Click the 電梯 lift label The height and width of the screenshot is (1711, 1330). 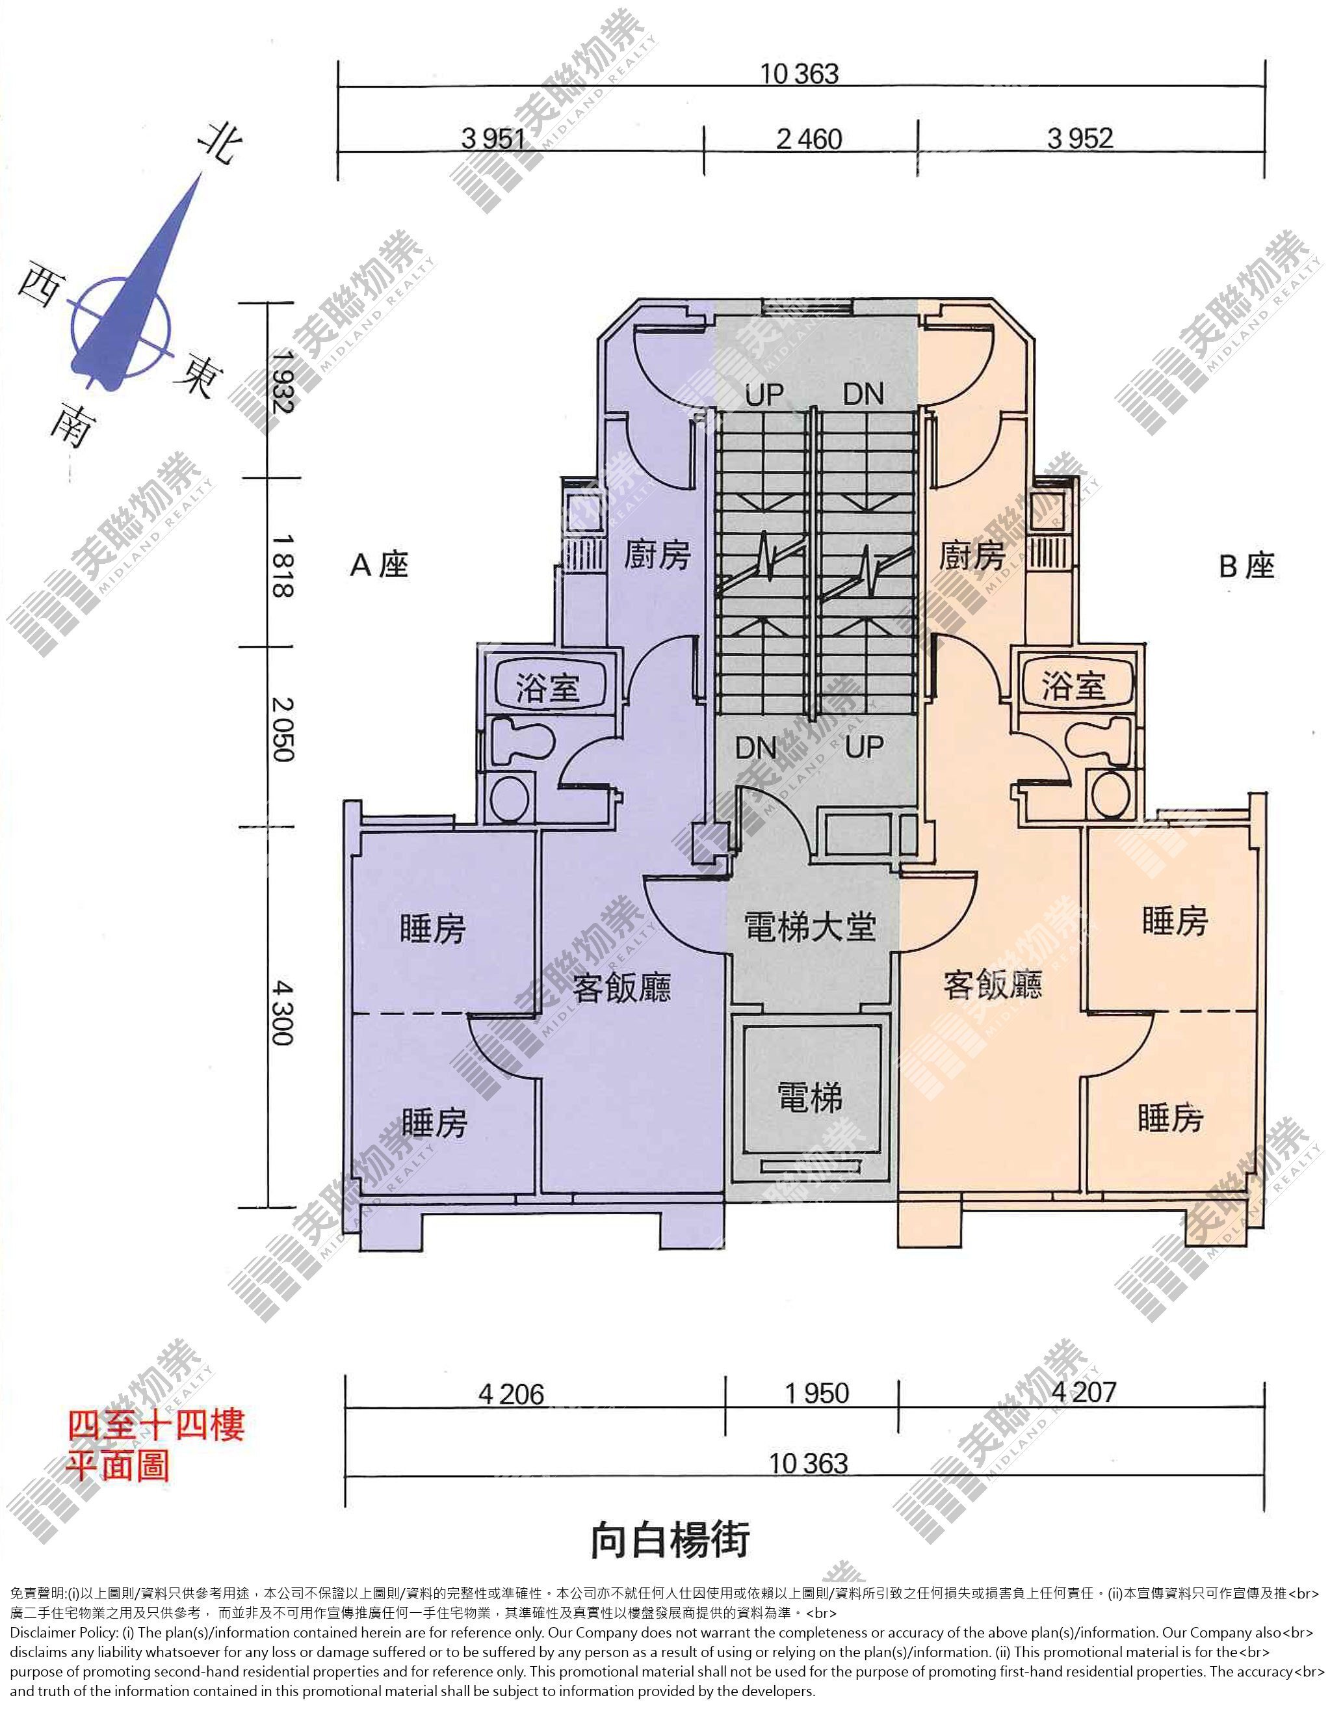[x=810, y=1098]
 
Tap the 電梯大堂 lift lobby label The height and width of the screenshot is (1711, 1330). [x=810, y=927]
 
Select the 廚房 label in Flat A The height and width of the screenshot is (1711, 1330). [x=657, y=555]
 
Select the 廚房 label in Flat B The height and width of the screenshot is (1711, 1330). [x=972, y=555]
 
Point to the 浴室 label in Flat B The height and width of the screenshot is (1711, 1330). [x=1073, y=686]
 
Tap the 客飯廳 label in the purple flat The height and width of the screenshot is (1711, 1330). [x=621, y=987]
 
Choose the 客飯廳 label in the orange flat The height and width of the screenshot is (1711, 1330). [x=993, y=985]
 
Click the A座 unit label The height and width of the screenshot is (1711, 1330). [x=380, y=565]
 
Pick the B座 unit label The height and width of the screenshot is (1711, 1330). [x=1247, y=566]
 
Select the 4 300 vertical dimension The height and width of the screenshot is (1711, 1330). [x=282, y=1013]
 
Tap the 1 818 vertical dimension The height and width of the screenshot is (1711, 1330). [x=282, y=566]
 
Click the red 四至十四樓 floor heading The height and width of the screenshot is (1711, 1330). [x=156, y=1425]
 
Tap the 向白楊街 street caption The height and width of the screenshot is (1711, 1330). [x=670, y=1539]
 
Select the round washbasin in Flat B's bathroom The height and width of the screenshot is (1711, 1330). [x=1110, y=795]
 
